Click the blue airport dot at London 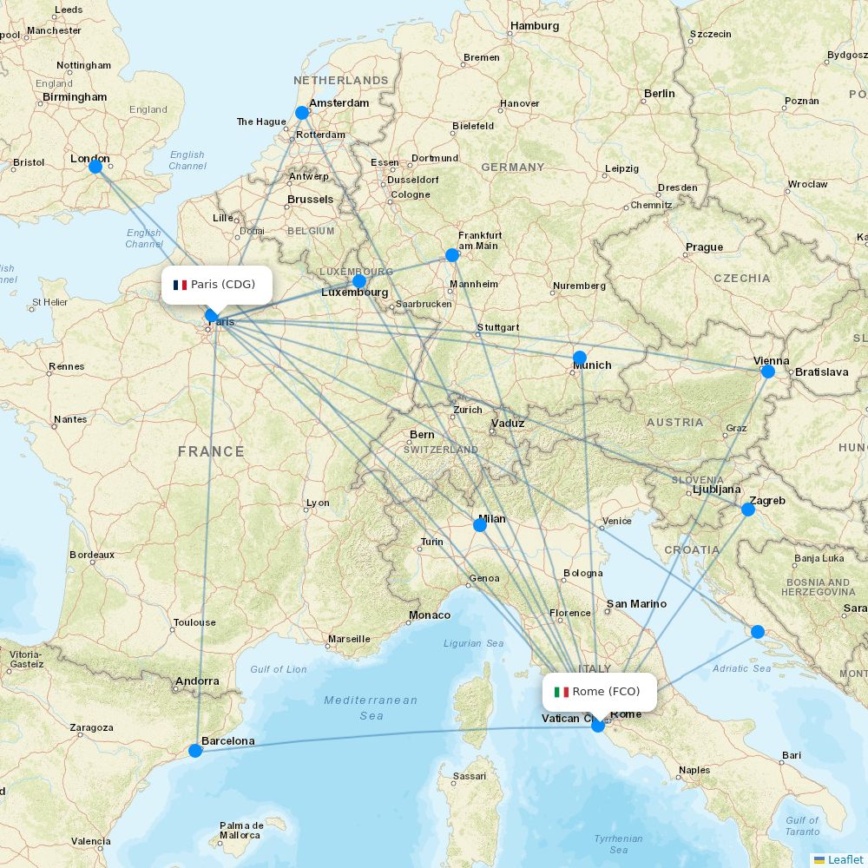click(95, 166)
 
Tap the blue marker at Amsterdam click(302, 113)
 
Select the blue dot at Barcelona click(195, 750)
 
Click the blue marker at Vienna click(767, 372)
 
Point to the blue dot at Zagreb click(748, 510)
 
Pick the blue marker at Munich click(580, 358)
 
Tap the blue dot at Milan click(480, 525)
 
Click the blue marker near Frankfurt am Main click(451, 254)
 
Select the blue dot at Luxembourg click(359, 281)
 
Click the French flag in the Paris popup click(180, 285)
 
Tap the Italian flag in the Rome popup click(562, 692)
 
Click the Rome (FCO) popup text click(606, 692)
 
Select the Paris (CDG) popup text click(223, 285)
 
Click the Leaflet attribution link click(845, 859)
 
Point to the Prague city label click(704, 247)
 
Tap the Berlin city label click(659, 94)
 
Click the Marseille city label click(349, 640)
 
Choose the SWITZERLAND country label click(440, 450)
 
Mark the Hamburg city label click(535, 26)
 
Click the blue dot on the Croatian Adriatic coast click(758, 632)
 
